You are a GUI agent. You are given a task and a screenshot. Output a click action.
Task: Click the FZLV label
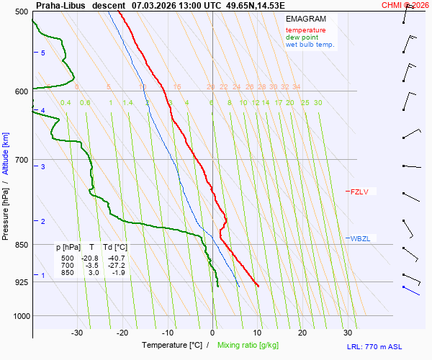(359, 192)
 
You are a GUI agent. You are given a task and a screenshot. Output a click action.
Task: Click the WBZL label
(360, 238)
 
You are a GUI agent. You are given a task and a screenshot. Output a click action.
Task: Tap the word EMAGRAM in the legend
(305, 18)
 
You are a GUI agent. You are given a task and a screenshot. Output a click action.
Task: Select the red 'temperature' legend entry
(305, 30)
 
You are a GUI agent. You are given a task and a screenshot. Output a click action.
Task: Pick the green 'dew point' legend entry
(302, 37)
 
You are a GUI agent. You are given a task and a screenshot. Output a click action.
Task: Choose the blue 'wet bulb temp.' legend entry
(310, 45)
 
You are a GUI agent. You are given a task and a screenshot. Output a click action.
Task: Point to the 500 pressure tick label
(21, 12)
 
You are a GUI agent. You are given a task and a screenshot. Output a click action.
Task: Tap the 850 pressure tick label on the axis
(21, 246)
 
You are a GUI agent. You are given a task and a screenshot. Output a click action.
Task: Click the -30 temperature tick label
(77, 333)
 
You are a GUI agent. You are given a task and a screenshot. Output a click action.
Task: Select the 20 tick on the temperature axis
(302, 333)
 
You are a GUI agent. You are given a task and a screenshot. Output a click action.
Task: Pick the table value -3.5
(91, 265)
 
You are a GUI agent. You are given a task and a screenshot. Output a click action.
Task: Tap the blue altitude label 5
(43, 53)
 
